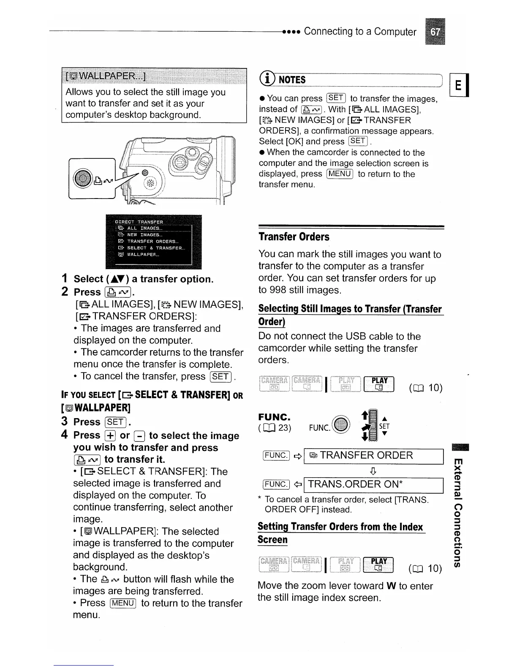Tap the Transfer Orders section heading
click(294, 237)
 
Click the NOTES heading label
click(292, 80)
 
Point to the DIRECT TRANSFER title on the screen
click(139, 221)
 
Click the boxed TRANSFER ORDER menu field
click(373, 455)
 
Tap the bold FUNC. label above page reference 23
click(274, 417)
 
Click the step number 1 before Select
click(65, 279)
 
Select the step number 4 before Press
click(64, 435)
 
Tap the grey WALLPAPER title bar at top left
click(154, 76)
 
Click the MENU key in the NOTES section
click(340, 174)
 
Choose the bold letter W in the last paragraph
click(391, 586)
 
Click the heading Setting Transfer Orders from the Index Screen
click(340, 533)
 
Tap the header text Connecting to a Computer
click(360, 32)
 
